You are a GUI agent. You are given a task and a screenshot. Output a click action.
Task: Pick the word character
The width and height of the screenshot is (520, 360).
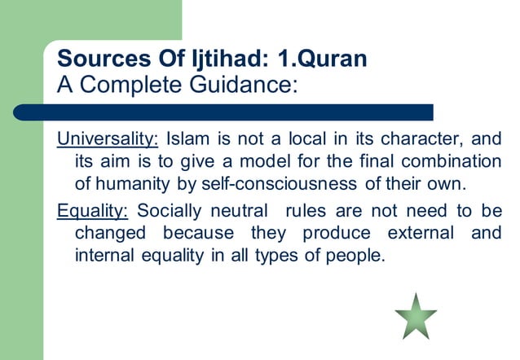click(x=424, y=136)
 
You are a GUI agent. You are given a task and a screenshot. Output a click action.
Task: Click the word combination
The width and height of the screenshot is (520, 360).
click(x=454, y=157)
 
